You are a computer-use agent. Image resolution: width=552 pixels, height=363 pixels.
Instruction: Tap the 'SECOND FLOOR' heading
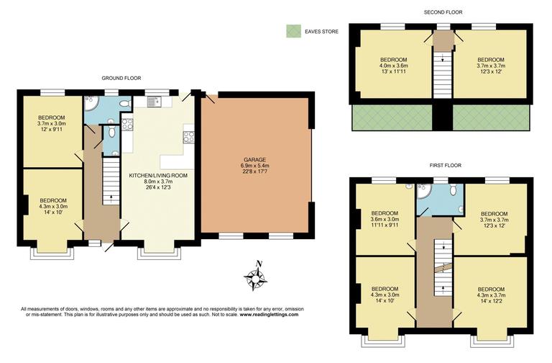442,12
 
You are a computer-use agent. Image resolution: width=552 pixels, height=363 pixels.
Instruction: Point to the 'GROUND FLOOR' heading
121,78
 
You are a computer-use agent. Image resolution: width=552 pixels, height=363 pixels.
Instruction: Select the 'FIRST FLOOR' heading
445,165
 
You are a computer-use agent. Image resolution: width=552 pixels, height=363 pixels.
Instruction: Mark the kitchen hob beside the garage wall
189,135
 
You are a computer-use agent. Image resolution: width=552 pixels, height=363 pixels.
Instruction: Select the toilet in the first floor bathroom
453,190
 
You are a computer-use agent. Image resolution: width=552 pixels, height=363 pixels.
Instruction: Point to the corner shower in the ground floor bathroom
91,106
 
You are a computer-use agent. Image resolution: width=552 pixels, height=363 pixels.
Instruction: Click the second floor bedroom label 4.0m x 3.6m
394,65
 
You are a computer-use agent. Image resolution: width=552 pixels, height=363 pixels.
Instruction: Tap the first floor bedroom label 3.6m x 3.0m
385,219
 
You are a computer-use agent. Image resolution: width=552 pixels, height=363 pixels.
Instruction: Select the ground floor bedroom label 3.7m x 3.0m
52,123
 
